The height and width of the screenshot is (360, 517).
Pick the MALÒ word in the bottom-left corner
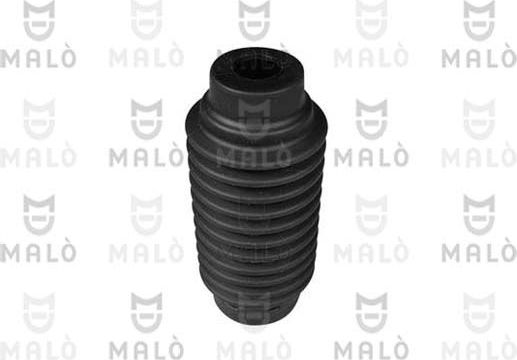pos(37,345)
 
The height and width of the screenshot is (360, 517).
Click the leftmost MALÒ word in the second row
pos(37,157)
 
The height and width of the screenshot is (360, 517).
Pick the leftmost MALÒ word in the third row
pos(37,251)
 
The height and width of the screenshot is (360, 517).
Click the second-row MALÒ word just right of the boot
pos(369,157)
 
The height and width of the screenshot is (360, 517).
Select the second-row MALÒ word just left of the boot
pos(146,157)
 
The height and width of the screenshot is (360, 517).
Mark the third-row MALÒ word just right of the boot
pos(369,251)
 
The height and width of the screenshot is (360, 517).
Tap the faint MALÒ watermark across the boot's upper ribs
pos(254,157)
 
